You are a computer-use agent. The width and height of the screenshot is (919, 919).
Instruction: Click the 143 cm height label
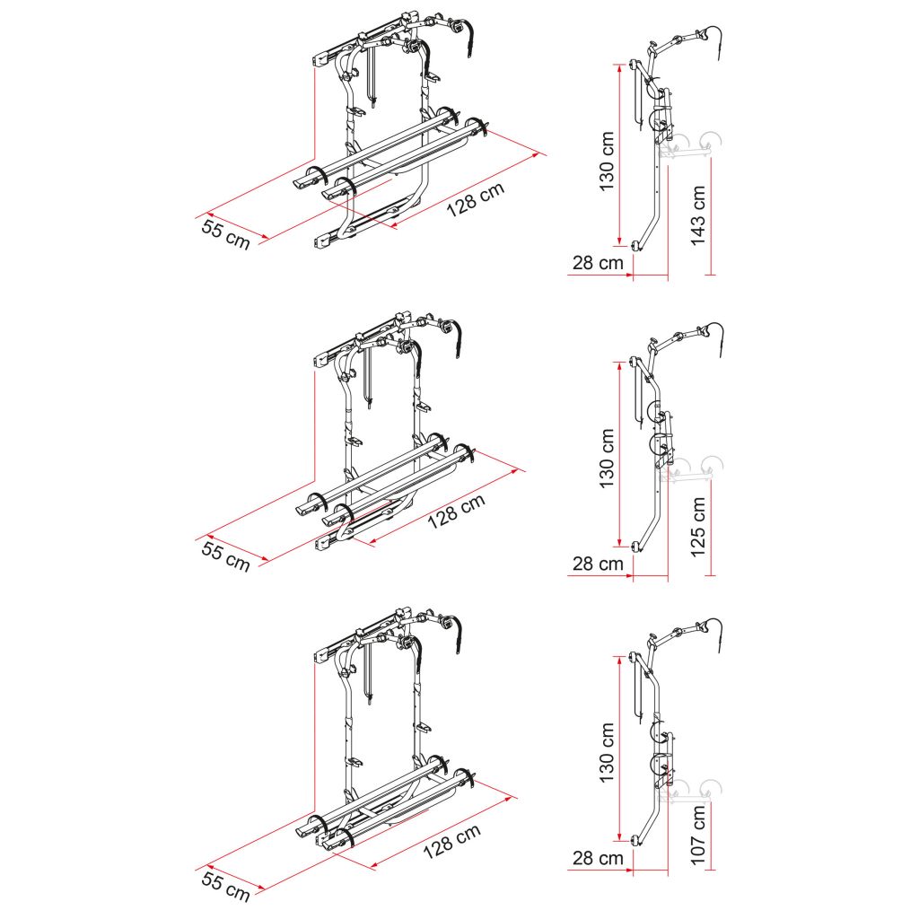click(x=697, y=215)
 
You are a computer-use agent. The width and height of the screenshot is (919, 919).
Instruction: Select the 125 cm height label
click(x=697, y=526)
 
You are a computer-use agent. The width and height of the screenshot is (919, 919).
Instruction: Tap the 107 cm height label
click(x=697, y=834)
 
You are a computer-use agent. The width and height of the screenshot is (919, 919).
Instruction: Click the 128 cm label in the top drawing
click(x=476, y=199)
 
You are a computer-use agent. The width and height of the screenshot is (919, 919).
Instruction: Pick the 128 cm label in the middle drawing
click(x=456, y=511)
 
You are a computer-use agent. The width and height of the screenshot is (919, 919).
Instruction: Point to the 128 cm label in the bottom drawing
click(x=452, y=841)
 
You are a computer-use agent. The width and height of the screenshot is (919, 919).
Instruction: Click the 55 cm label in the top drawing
click(x=225, y=234)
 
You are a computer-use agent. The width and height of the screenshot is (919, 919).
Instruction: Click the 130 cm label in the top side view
click(x=607, y=162)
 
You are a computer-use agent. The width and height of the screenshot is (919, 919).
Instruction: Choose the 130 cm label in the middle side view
click(x=607, y=459)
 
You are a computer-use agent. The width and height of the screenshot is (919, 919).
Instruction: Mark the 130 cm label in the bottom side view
click(x=607, y=753)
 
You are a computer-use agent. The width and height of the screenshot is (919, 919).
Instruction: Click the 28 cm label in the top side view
click(x=598, y=263)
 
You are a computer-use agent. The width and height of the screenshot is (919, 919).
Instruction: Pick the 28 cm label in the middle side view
click(x=598, y=564)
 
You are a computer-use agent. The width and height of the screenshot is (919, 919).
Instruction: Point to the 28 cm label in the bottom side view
click(x=598, y=858)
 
